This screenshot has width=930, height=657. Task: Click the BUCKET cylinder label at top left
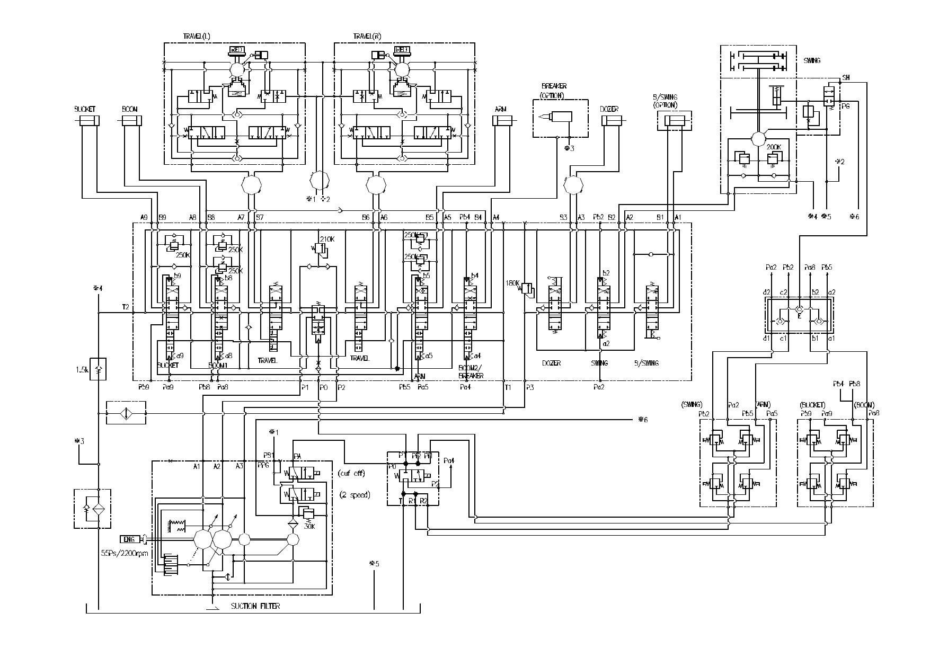[85, 109]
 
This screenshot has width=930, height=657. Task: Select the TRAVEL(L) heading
[197, 37]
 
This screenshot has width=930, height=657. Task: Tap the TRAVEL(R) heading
[367, 37]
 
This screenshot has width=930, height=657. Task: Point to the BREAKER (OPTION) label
[554, 91]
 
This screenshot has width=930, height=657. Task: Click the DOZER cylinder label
[609, 109]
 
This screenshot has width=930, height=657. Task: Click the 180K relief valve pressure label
[513, 282]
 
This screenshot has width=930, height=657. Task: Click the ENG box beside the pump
[129, 539]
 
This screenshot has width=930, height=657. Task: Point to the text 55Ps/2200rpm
[125, 553]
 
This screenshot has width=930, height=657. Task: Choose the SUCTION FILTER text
[255, 606]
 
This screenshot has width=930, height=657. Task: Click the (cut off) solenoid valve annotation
[351, 473]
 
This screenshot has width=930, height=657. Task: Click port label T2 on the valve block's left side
[125, 307]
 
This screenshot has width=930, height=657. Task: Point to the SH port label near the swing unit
[846, 77]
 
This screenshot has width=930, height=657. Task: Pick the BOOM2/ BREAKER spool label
[471, 372]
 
